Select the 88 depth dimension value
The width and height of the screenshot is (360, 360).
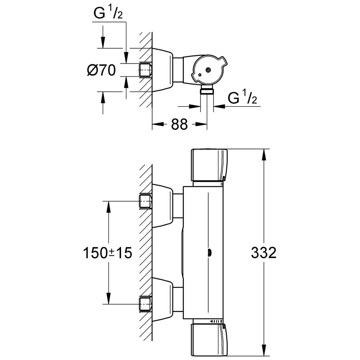pyautogui.click(x=179, y=125)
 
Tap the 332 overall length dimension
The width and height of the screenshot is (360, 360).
pyautogui.click(x=264, y=253)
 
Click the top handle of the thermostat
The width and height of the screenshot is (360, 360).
pyautogui.click(x=209, y=165)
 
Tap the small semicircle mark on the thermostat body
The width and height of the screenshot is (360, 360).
pyautogui.click(x=208, y=253)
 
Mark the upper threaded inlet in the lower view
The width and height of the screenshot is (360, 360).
pyautogui.click(x=145, y=202)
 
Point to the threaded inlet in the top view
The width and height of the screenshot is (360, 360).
pyautogui.click(x=145, y=69)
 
